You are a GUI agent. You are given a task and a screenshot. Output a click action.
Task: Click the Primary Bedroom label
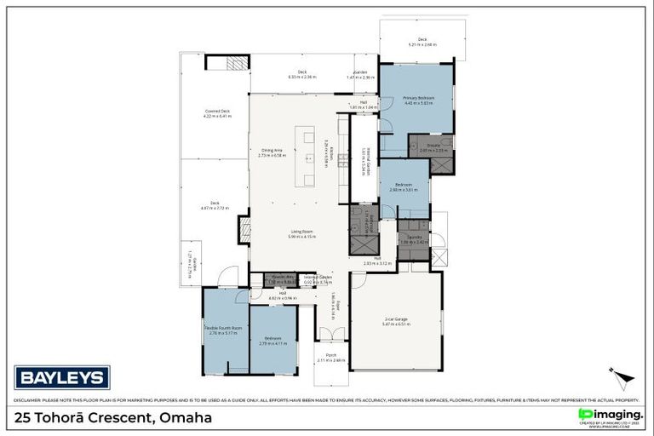click(x=418, y=98)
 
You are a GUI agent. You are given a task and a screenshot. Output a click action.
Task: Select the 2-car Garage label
click(x=395, y=319)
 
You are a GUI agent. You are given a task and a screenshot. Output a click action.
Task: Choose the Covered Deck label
click(x=218, y=112)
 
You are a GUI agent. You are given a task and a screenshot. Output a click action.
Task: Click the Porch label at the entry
click(x=331, y=356)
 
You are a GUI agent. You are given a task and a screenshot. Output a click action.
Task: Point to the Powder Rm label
click(x=283, y=278)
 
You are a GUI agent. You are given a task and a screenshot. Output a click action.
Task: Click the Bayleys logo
click(x=62, y=376)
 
